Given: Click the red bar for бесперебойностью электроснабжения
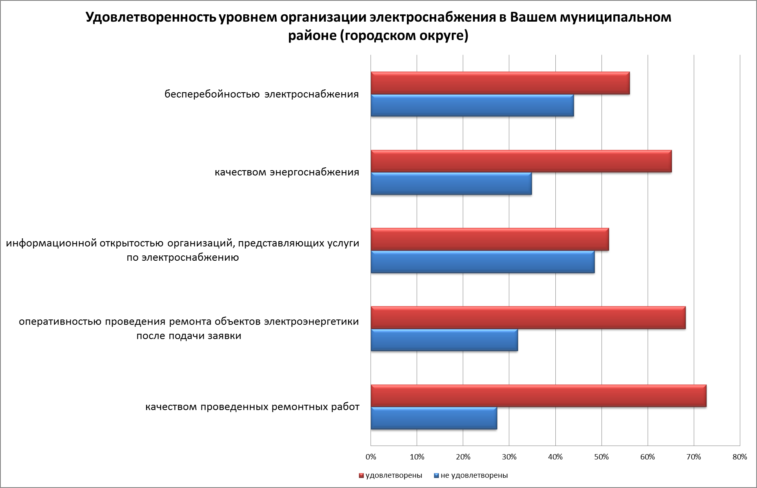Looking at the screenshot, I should point(500,83).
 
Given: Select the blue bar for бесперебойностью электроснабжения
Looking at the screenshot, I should point(472,106).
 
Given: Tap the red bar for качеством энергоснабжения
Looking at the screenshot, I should point(521,161).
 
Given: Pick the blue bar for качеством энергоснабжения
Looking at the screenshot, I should point(451,184).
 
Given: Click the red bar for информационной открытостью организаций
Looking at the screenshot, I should point(490,240).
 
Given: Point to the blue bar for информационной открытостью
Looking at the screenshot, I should point(482,262).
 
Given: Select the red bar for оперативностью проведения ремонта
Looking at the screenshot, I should point(528,317).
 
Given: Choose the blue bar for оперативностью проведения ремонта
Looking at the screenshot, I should point(444,340).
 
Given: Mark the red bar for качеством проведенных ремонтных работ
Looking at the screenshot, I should point(538,396).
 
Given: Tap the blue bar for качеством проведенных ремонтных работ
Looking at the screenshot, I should point(434,418).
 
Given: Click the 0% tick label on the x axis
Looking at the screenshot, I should point(371,457).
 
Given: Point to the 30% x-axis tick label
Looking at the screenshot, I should point(509,457).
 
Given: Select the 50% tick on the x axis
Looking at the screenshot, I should point(602,457).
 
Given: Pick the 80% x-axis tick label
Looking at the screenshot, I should point(740,457).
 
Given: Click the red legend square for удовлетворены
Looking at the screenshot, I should point(361,476).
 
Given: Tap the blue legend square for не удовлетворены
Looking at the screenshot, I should point(436,476).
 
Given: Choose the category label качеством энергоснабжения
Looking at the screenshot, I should point(287,172).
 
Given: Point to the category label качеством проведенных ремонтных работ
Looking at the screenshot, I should point(252,407).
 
